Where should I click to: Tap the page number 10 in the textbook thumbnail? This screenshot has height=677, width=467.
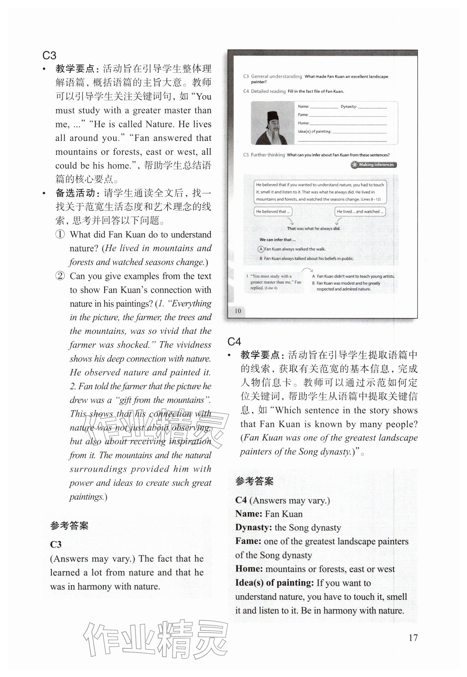(x=238, y=311)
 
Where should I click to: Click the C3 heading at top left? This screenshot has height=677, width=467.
(x=49, y=56)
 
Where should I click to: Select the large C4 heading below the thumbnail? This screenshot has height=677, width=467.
(x=234, y=341)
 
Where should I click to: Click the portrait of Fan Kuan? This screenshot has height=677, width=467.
(x=273, y=123)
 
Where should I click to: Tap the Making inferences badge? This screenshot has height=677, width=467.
(x=374, y=165)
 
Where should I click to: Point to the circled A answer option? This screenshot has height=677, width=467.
(x=260, y=249)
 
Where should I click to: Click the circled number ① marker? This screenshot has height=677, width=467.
(x=60, y=235)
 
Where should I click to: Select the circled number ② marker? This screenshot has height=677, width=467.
(x=60, y=276)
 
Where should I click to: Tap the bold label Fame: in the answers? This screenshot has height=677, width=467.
(x=248, y=541)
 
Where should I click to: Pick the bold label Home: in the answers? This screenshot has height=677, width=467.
(x=249, y=569)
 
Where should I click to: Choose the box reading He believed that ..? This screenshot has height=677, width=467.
(x=273, y=212)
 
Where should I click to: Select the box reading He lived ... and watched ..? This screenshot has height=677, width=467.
(x=360, y=212)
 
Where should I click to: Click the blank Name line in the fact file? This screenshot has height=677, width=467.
(x=324, y=107)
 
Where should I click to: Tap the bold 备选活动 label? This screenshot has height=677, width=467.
(x=75, y=193)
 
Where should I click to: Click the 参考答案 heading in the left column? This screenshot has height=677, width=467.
(x=69, y=526)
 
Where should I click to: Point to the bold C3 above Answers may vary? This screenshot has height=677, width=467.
(x=56, y=545)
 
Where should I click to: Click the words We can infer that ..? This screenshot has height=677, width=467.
(x=277, y=240)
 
